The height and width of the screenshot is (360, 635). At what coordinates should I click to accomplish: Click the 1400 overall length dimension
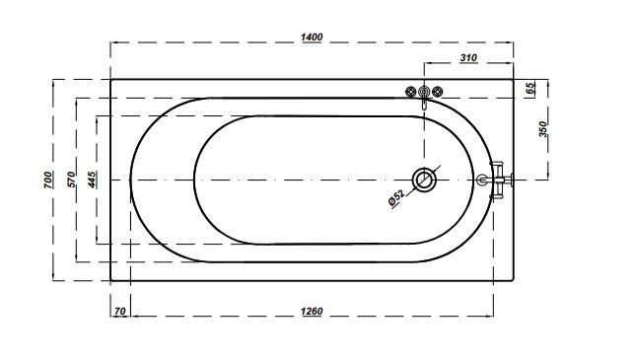(x=312, y=37)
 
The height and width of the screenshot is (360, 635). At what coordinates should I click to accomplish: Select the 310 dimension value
(x=468, y=58)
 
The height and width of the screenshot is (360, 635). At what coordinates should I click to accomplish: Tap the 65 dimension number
(x=530, y=89)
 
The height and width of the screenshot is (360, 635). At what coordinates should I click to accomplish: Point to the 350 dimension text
(x=542, y=129)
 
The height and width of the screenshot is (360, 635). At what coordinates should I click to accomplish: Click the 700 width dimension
(x=48, y=180)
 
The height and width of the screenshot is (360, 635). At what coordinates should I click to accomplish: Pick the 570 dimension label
(x=71, y=180)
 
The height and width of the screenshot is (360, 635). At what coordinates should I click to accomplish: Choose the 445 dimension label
(x=93, y=180)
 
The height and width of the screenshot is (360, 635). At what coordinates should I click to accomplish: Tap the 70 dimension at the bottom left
(x=120, y=312)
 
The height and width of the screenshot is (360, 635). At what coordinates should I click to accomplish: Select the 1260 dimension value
(x=312, y=312)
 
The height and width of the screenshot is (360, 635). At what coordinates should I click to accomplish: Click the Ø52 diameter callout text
(x=396, y=198)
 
